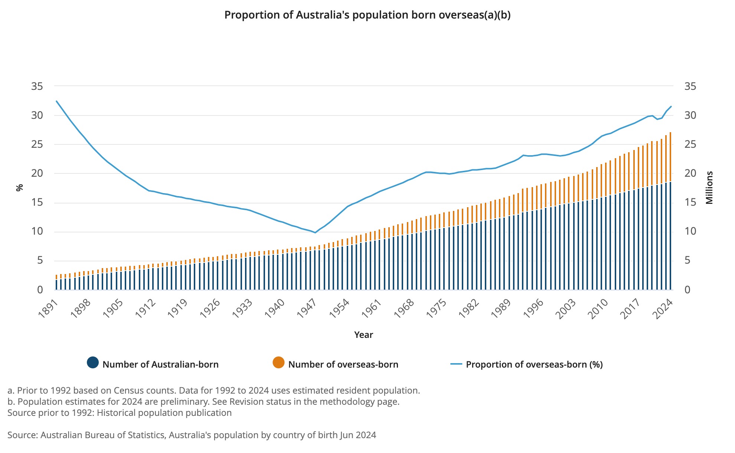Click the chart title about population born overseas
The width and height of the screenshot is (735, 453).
click(367, 15)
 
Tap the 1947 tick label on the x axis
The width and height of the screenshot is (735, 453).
click(307, 308)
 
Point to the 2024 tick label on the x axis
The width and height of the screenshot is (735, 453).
click(664, 308)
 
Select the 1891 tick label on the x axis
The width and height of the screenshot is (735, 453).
click(48, 308)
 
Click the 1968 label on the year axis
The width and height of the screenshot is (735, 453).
click(404, 308)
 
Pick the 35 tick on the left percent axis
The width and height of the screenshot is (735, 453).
click(37, 87)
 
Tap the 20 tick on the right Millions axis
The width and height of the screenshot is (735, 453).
click(690, 173)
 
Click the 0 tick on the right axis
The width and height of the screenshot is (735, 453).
click(687, 290)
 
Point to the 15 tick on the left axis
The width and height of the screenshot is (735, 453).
click(37, 203)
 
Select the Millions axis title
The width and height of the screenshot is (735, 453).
click(709, 188)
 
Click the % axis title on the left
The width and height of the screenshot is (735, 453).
click(20, 188)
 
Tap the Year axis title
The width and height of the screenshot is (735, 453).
click(363, 335)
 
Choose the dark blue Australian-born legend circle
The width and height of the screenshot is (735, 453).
click(93, 363)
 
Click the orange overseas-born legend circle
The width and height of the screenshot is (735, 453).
click(278, 363)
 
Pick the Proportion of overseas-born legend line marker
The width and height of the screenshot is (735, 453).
click(456, 364)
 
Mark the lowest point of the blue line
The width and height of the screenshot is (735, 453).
click(315, 232)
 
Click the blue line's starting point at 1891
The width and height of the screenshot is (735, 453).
click(56, 101)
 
